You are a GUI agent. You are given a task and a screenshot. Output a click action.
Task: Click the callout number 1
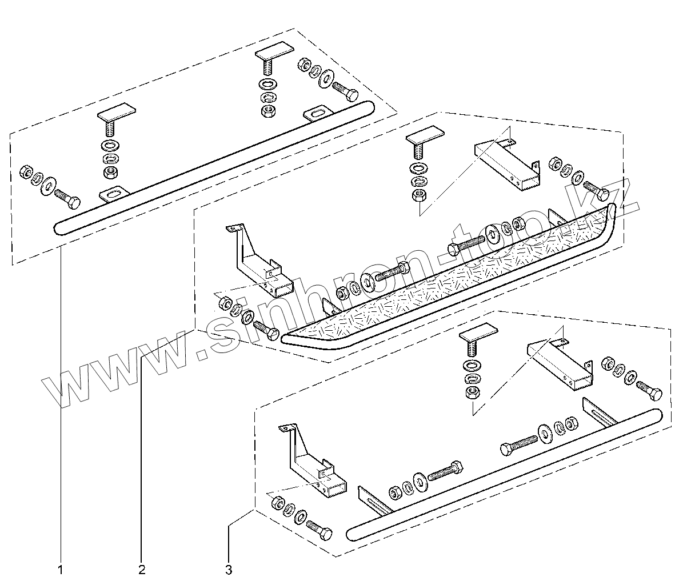(x=60, y=569)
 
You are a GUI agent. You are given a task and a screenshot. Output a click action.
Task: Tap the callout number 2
(x=141, y=569)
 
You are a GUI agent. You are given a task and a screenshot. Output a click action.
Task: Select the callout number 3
(x=229, y=569)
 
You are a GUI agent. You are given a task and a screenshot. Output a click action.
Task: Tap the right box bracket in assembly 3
(x=560, y=366)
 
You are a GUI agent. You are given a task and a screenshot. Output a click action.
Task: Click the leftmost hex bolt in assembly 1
(x=67, y=199)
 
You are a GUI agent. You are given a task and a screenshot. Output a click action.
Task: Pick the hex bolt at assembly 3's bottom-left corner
(x=319, y=530)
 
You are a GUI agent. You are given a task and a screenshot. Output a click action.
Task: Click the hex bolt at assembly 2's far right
(x=594, y=190)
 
